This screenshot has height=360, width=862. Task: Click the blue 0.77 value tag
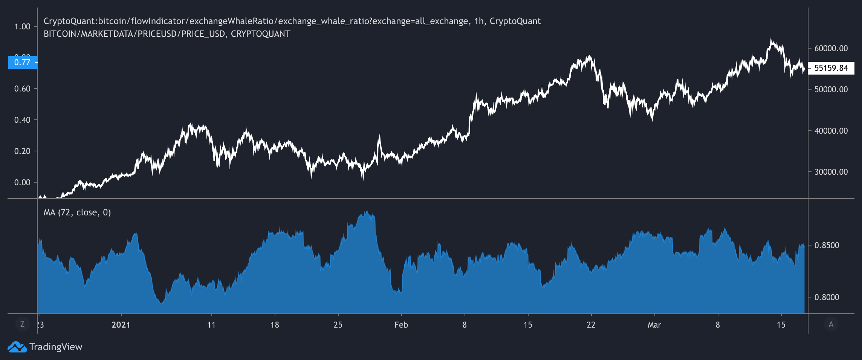point(23,63)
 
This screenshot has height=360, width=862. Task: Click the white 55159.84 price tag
point(831,68)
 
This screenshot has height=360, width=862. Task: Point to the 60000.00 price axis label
point(831,49)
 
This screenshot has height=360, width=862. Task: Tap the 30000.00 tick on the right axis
point(831,172)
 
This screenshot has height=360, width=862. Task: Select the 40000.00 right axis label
point(831,131)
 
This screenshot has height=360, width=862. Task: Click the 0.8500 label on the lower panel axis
point(827,246)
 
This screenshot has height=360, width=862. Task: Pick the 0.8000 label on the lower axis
point(827,297)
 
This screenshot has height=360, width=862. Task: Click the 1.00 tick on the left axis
point(22,27)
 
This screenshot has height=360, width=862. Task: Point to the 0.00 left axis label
point(22,183)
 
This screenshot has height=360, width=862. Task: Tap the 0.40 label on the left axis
point(22,120)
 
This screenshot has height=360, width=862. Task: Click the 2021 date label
point(121,325)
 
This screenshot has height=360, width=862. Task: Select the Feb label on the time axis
point(401,325)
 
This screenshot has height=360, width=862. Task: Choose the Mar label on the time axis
point(654,325)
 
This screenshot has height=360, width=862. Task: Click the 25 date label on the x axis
point(338,325)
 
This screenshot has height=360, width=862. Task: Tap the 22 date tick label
point(591,325)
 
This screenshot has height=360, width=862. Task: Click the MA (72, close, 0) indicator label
point(77,213)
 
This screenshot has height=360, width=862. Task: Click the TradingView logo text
point(56,347)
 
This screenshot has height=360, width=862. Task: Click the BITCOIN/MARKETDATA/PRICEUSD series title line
point(167,34)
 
